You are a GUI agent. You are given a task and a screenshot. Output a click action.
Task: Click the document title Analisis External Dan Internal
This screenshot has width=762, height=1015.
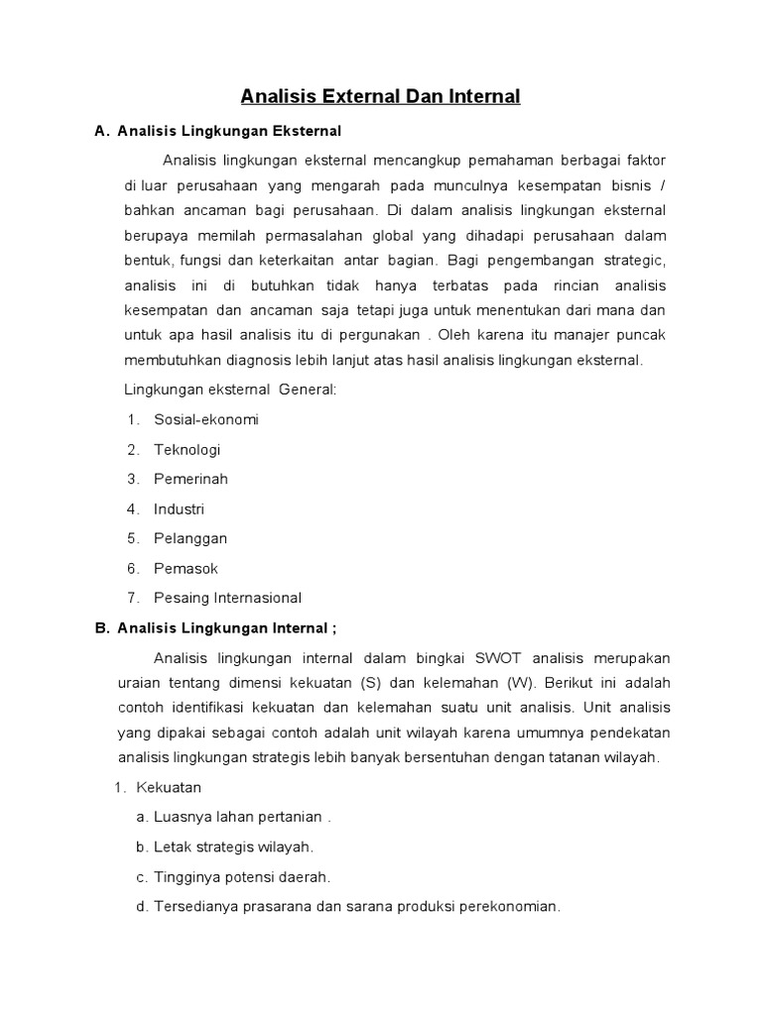coord(381,96)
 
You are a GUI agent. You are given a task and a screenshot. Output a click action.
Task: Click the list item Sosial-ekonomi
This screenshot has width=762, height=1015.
coord(205,419)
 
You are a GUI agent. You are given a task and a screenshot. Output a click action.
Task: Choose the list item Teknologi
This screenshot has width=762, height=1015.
coord(188,449)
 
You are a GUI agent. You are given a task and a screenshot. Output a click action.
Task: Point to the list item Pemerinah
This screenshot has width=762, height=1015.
coord(190,479)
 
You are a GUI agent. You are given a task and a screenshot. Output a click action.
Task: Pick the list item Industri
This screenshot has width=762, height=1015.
coord(179,508)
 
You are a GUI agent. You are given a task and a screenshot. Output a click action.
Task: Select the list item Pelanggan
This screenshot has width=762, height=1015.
coord(190,538)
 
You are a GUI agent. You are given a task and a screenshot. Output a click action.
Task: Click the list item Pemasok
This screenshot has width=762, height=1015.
coord(186,568)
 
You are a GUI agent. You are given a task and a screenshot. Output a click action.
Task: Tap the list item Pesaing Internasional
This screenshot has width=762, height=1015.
coord(227,598)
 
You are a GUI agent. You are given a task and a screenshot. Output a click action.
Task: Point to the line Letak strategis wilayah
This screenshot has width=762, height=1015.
coord(233,846)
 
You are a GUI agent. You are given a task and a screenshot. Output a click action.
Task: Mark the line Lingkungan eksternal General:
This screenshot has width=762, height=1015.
coord(230,390)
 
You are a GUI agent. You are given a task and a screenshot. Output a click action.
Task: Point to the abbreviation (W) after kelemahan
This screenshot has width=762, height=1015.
coord(519,683)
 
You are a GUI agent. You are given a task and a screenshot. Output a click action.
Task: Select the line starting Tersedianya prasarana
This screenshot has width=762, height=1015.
coord(357,906)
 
